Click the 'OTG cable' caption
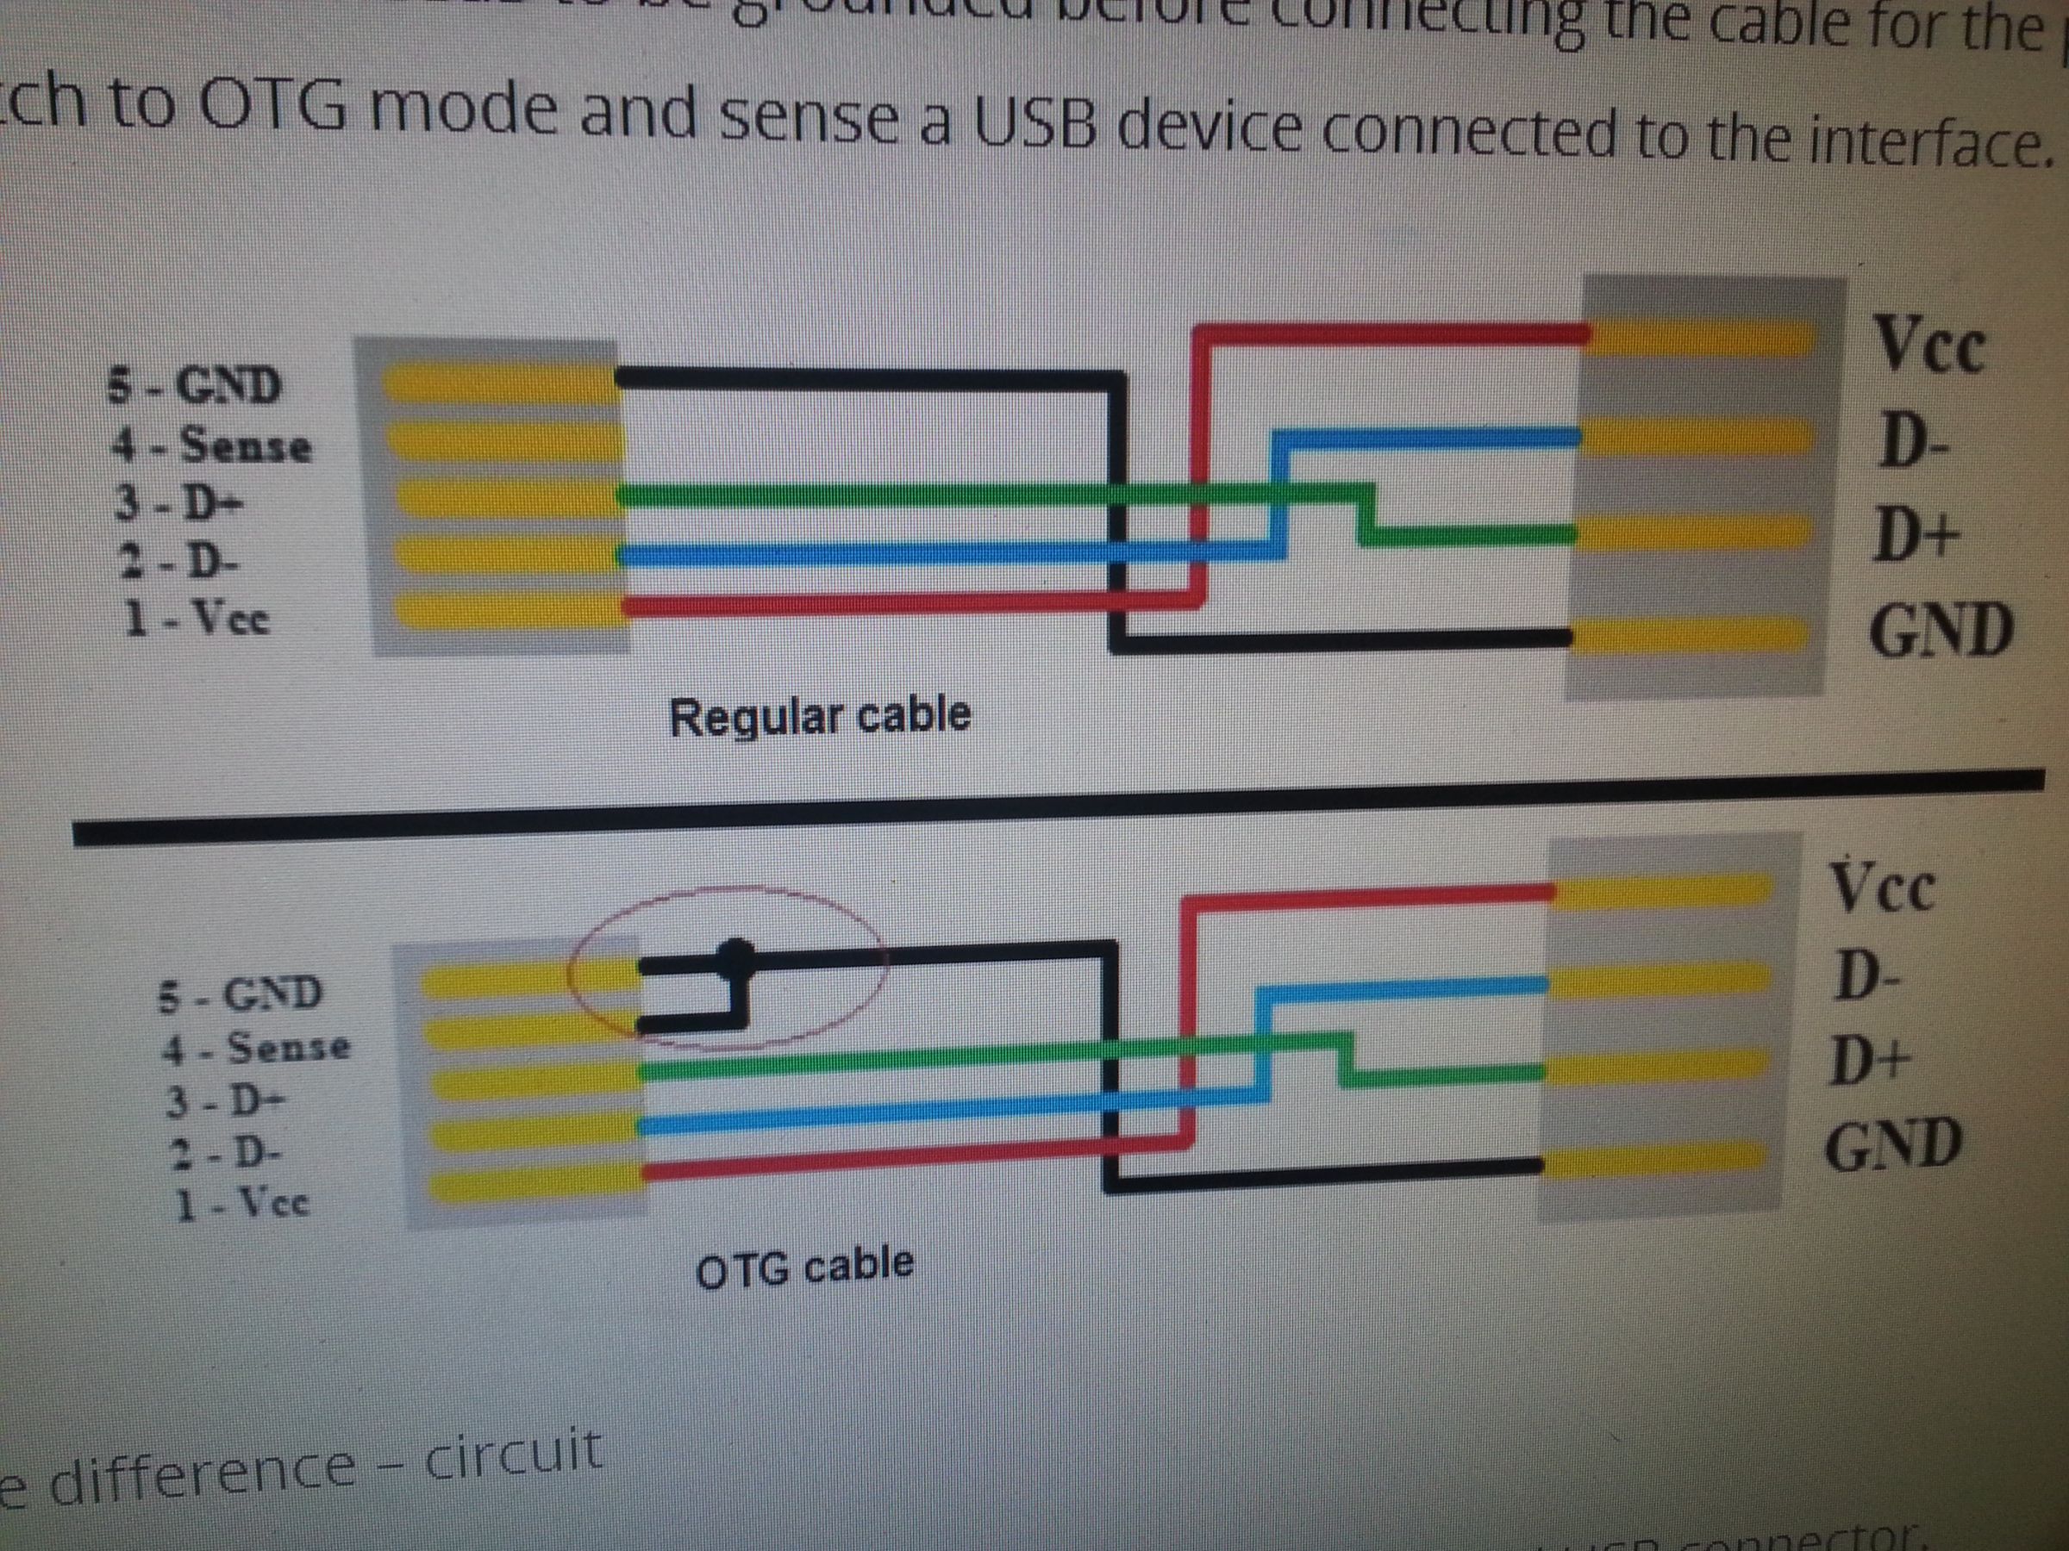coord(804,1267)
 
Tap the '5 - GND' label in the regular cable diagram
coord(194,384)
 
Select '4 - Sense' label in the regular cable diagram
coord(211,444)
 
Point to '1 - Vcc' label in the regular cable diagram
coord(197,618)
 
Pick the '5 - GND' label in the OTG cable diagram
coord(240,993)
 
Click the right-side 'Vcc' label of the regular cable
coord(1928,345)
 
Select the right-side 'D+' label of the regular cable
coord(1914,538)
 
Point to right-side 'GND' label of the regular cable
coord(1940,630)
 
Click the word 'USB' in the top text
coord(1038,125)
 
